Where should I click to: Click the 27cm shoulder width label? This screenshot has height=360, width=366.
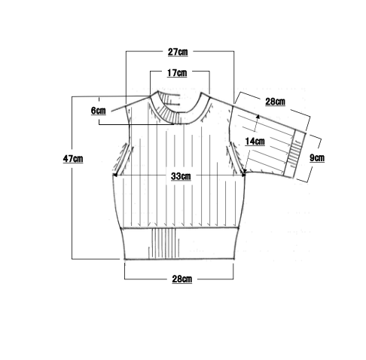point(178,52)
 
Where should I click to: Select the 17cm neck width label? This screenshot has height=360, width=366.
point(177,73)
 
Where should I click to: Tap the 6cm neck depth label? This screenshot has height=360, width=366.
point(98,111)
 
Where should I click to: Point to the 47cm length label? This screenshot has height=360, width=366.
point(73,159)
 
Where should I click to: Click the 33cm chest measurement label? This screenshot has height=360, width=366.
point(181,176)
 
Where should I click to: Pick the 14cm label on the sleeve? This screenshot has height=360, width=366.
point(255,142)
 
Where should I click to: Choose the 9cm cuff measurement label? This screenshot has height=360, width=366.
point(317,158)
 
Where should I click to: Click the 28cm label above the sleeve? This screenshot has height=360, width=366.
point(275,102)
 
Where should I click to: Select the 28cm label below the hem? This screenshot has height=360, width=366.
point(182,279)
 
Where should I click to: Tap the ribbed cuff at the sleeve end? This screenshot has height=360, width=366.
point(294,154)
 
